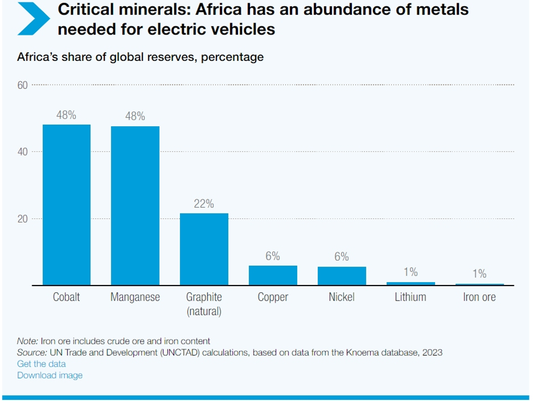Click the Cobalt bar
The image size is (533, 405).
(x=67, y=205)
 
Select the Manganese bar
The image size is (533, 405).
(x=135, y=206)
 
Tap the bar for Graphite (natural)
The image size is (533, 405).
(x=204, y=250)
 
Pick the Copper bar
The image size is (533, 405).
(x=273, y=275)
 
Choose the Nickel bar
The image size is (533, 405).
(x=342, y=276)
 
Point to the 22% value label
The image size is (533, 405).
(x=204, y=204)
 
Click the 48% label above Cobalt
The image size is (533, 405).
(x=67, y=115)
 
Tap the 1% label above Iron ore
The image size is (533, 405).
(x=479, y=274)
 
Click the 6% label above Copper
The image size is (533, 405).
(x=273, y=256)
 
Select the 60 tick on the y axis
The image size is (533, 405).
(x=23, y=85)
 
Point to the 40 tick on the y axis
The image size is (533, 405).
(x=23, y=152)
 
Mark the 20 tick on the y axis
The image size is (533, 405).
(x=23, y=219)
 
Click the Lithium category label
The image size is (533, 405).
(x=411, y=297)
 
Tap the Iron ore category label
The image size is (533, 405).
(x=479, y=297)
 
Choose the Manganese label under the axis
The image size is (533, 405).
(x=135, y=297)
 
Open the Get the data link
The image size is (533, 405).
(x=41, y=364)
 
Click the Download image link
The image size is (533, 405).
(x=50, y=375)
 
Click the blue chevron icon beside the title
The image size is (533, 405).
(x=34, y=18)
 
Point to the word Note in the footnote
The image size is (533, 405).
(x=27, y=341)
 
